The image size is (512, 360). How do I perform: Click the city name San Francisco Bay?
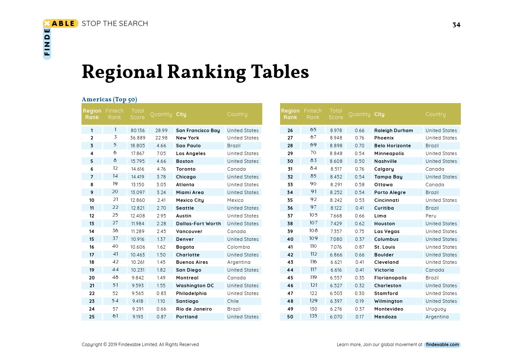(198, 130)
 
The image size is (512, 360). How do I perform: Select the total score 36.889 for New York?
(137, 138)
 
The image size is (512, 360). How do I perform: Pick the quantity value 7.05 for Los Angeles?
(161, 153)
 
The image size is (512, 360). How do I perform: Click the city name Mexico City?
(190, 200)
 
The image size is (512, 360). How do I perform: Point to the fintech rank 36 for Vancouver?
(115, 231)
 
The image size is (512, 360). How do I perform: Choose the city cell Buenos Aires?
(192, 262)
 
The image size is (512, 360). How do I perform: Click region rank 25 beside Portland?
(92, 317)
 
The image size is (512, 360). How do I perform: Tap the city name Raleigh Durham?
(394, 130)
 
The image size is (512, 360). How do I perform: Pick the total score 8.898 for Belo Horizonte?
(336, 146)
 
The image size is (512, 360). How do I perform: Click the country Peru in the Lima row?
(431, 216)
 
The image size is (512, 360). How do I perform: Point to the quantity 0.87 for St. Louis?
(359, 247)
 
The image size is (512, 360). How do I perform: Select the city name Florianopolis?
(391, 278)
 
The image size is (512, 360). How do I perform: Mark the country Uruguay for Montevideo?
(436, 309)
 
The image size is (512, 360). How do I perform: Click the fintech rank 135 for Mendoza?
(313, 317)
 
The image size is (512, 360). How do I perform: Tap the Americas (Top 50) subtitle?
(110, 99)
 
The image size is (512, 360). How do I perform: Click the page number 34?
(456, 25)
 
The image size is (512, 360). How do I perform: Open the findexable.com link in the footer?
(442, 345)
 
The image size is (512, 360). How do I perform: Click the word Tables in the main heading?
(279, 72)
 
